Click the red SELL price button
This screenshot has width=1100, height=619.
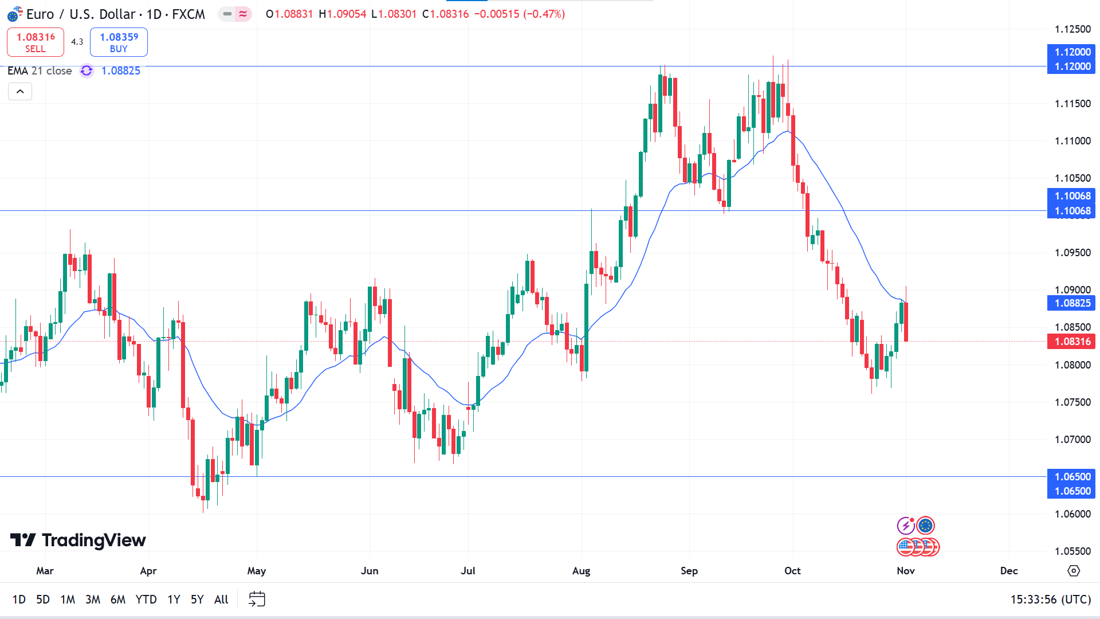pos(36,42)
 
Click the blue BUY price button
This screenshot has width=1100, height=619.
pos(119,42)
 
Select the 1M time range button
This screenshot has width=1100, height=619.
pos(68,600)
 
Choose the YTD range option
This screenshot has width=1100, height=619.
pos(146,600)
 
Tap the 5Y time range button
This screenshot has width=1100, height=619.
pos(197,600)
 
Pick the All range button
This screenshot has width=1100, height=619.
pos(221,600)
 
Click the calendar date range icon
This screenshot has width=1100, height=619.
pos(257,599)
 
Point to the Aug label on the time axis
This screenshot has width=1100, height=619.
pos(581,571)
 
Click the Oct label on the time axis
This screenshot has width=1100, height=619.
pos(792,571)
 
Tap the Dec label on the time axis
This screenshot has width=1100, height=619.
pos(1009,571)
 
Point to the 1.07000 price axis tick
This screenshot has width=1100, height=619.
pos(1072,440)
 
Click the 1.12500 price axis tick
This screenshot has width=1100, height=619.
pos(1072,29)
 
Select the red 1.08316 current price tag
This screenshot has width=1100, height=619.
pos(1071,342)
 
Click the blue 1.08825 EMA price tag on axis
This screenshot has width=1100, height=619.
pos(1071,303)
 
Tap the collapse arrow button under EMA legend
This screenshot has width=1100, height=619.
pos(20,92)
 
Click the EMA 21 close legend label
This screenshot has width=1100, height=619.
pos(40,70)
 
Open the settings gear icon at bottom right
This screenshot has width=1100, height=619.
pos(1074,571)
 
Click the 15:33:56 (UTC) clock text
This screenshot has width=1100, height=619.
pos(1050,600)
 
